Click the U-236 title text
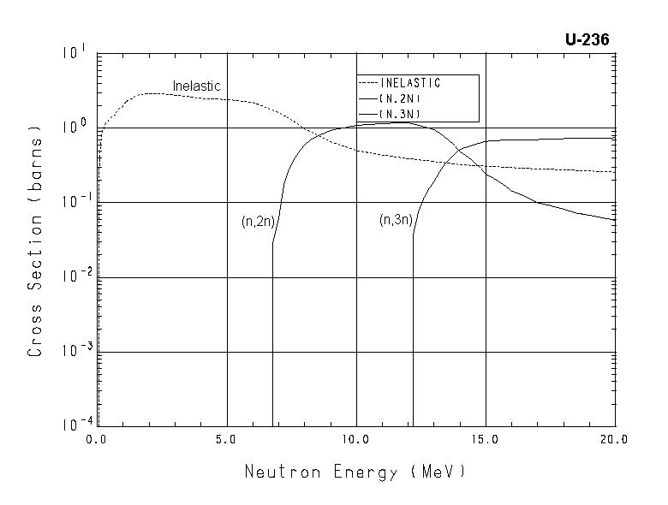[587, 40]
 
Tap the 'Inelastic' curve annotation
[196, 86]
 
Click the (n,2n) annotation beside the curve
[257, 222]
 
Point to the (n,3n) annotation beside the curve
[396, 220]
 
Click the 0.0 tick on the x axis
[97, 438]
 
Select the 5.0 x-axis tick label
[226, 438]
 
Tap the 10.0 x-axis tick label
[355, 438]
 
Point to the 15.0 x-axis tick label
[485, 438]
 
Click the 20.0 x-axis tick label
[614, 438]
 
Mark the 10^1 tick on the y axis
[74, 54]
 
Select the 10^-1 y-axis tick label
[72, 203]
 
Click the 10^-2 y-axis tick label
[72, 277]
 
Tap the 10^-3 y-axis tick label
[72, 352]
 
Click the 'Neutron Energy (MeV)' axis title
[355, 472]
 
